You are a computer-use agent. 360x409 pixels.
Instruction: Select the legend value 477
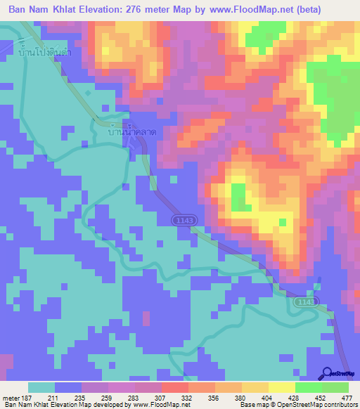[x=345, y=397]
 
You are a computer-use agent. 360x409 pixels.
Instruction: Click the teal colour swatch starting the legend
[x=41, y=387]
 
